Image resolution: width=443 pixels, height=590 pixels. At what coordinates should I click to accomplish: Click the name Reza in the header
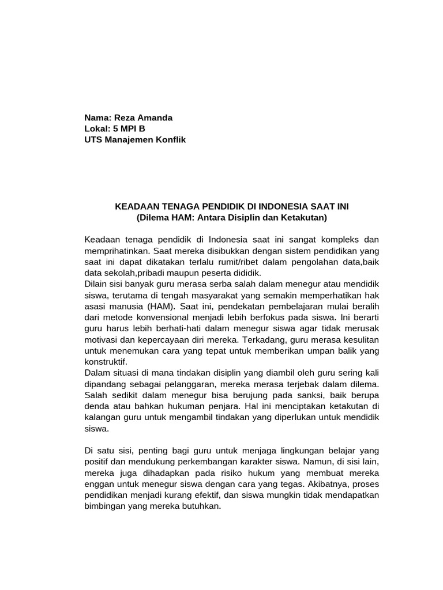click(x=121, y=118)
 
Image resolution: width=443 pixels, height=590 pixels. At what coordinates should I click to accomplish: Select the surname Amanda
click(x=153, y=118)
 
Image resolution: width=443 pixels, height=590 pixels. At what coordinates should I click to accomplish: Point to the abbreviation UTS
click(x=95, y=140)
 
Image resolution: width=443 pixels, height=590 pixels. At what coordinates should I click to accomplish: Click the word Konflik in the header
click(x=170, y=140)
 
